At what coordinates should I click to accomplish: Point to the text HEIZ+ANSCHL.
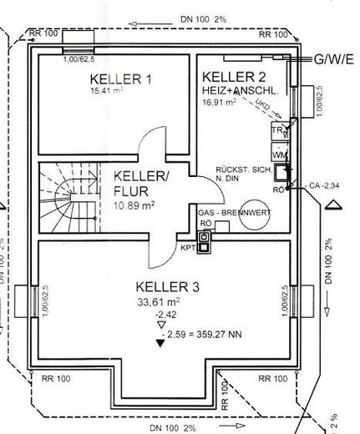(238, 88)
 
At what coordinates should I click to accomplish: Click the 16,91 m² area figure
(219, 100)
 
